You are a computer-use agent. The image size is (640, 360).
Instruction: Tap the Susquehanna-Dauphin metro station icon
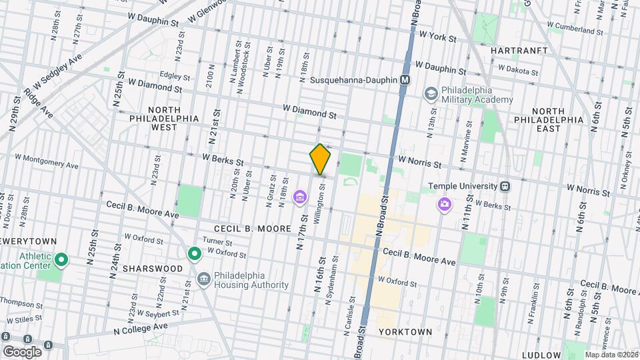coord(405,80)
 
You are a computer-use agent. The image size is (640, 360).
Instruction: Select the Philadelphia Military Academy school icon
coord(431,93)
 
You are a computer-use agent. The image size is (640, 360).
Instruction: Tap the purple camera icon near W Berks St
coord(444,203)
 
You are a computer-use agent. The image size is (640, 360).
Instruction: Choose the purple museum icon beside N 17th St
coord(300,197)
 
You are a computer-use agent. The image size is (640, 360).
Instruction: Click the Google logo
coord(22,352)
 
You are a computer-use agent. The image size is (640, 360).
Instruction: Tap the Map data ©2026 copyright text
coord(609,354)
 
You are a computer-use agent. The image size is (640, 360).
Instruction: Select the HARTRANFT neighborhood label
coord(519,51)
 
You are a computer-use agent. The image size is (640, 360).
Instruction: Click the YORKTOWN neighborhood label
coord(405,331)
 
